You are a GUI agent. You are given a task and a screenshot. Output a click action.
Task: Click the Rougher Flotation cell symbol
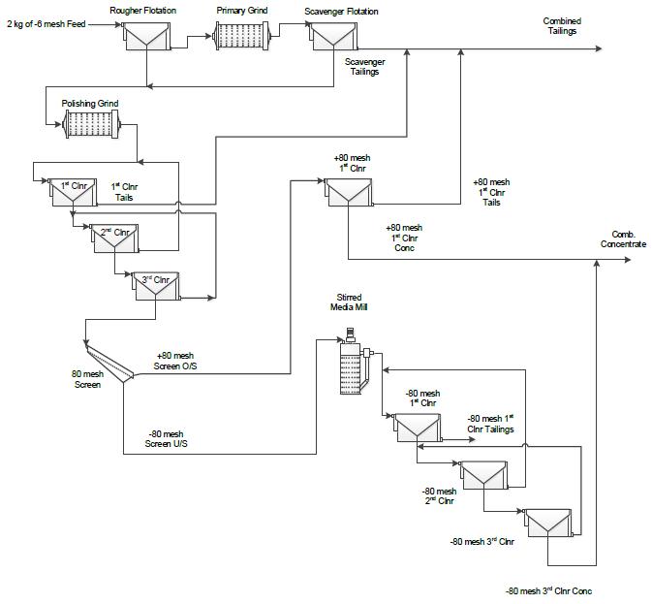click(146, 37)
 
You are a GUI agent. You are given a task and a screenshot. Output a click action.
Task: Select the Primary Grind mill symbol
click(241, 36)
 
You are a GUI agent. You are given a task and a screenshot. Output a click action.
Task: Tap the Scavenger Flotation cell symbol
click(333, 37)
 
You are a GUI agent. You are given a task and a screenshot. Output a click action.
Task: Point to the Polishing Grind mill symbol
click(91, 124)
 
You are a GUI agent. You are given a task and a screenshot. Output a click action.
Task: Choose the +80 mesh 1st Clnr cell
click(349, 192)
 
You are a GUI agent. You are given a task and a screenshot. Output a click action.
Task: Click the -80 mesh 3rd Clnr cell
click(547, 523)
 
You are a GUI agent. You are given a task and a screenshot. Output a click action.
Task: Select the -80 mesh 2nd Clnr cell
click(483, 475)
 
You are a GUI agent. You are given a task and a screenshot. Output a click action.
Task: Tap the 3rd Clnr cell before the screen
click(156, 286)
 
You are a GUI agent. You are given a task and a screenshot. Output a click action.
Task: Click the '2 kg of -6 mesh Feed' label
click(47, 24)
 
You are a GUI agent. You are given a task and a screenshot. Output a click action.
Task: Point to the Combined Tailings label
click(562, 26)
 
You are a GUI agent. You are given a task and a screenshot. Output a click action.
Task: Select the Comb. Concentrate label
click(623, 239)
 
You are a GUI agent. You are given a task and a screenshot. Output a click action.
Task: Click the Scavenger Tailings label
click(364, 67)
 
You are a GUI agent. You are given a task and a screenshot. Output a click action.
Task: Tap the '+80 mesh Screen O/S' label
click(175, 361)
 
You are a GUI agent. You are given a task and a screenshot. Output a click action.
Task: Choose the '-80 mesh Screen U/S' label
click(166, 439)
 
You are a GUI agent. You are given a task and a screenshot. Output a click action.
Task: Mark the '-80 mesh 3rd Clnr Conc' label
click(548, 590)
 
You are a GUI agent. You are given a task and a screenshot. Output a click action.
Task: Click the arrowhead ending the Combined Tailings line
click(599, 48)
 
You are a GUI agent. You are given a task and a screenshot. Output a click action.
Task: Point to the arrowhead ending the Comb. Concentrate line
click(628, 260)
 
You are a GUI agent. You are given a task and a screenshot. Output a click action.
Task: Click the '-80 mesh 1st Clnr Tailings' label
click(490, 424)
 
